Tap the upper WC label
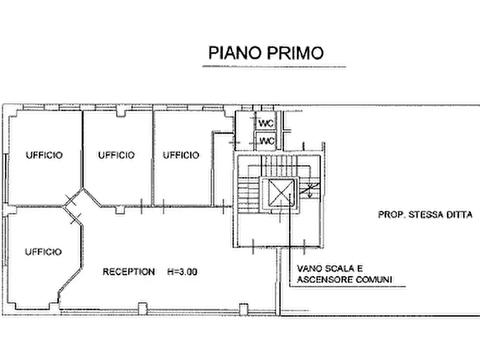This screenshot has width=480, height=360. pyautogui.click(x=266, y=124)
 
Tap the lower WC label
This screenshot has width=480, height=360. pyautogui.click(x=267, y=141)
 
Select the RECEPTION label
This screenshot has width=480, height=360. pyautogui.click(x=128, y=271)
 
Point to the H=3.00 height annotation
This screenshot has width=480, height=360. pyautogui.click(x=182, y=271)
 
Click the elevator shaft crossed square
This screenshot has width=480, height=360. pyautogui.click(x=281, y=193)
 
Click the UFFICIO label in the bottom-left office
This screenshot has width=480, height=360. pyautogui.click(x=43, y=251)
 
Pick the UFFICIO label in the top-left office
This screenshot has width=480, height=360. pyautogui.click(x=44, y=155)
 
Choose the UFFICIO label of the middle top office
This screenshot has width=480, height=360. pyautogui.click(x=116, y=155)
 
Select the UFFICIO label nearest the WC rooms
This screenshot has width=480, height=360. pyautogui.click(x=181, y=155)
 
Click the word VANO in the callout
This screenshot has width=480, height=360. pyautogui.click(x=309, y=269)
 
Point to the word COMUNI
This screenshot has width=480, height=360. pyautogui.click(x=377, y=279)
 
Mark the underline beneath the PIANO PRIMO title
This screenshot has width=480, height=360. pyautogui.click(x=274, y=66)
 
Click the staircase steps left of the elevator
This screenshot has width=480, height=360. pyautogui.click(x=248, y=195)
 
